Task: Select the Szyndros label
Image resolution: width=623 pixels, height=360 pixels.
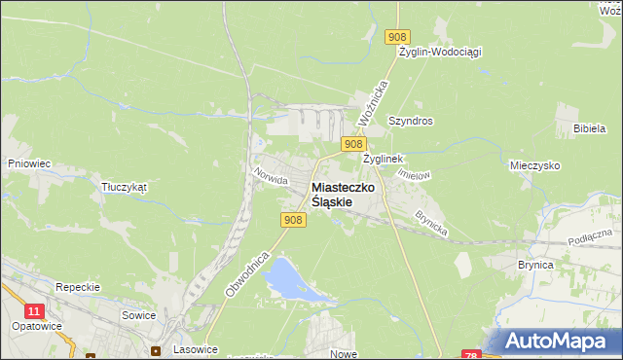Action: [x=410, y=122]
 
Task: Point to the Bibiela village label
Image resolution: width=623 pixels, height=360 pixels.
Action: [x=590, y=128]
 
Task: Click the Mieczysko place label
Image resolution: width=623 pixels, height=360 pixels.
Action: [x=534, y=166]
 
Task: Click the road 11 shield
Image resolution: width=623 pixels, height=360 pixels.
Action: [x=35, y=310]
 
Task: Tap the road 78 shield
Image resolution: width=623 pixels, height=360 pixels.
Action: [x=471, y=355]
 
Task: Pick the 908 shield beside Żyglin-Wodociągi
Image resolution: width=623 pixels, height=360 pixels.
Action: [x=396, y=37]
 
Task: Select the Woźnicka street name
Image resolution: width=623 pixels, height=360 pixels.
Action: [x=373, y=100]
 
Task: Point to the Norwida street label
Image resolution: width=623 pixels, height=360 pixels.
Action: [x=270, y=175]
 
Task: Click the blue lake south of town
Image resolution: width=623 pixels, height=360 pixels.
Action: [x=281, y=278]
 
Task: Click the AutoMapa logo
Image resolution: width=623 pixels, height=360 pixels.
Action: [x=558, y=342]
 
